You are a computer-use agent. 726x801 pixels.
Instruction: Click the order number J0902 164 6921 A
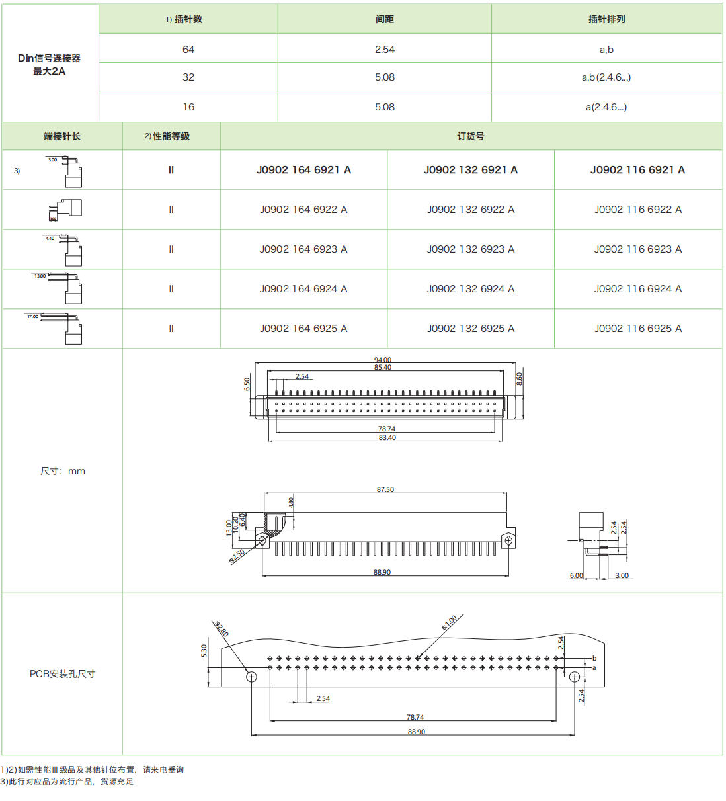[303, 170]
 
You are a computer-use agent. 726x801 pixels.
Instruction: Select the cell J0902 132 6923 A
[470, 249]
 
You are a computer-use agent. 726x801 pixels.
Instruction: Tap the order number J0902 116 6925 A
[637, 329]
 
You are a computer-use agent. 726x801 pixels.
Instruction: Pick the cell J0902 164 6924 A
[303, 289]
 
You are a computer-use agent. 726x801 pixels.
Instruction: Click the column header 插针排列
[606, 19]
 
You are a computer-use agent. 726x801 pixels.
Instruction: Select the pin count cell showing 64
[188, 50]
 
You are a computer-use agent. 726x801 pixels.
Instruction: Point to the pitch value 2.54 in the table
[384, 50]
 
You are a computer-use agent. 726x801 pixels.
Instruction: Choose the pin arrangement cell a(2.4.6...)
[606, 107]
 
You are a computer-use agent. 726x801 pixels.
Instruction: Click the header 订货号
[470, 136]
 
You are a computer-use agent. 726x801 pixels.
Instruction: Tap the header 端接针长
[62, 136]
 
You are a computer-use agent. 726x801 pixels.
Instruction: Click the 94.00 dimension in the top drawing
[383, 360]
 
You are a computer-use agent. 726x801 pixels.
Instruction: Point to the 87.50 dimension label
[385, 490]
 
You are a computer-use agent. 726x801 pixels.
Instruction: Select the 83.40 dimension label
[387, 438]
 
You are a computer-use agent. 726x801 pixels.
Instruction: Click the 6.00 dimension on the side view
[577, 575]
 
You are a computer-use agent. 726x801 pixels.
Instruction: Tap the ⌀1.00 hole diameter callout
[450, 622]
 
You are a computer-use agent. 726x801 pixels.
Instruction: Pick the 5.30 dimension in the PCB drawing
[204, 651]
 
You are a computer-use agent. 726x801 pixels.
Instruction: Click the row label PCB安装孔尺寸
[62, 674]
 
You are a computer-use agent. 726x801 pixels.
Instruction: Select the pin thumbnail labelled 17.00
[63, 328]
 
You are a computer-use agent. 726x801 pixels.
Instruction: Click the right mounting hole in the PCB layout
[575, 677]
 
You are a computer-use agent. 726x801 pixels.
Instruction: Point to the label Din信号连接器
[50, 58]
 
